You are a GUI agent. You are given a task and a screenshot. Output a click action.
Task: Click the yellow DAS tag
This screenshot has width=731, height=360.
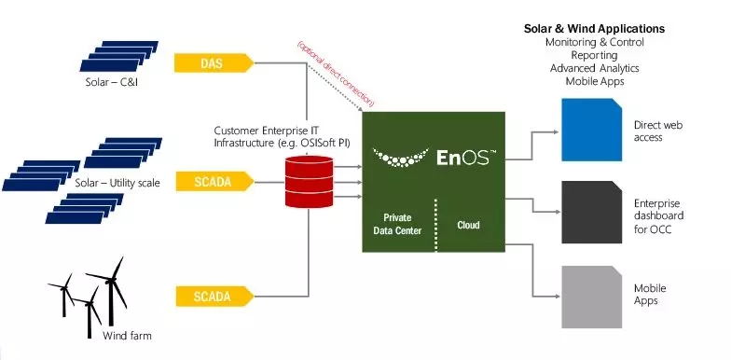point(214,63)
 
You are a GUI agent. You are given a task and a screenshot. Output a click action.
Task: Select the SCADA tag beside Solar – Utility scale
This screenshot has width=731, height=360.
point(214,181)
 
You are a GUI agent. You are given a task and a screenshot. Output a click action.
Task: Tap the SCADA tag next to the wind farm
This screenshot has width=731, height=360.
point(214,297)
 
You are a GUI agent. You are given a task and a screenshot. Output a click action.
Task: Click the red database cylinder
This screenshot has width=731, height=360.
point(310,181)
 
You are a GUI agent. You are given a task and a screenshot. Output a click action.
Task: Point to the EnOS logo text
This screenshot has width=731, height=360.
point(462,158)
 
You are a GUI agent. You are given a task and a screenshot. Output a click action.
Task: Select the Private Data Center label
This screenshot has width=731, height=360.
point(397,224)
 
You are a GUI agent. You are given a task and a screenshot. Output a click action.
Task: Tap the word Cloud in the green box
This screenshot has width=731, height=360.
point(468,226)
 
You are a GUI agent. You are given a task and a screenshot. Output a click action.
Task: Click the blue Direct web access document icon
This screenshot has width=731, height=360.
point(591,130)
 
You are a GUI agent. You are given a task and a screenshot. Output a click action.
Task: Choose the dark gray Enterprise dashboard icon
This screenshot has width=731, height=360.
point(591,213)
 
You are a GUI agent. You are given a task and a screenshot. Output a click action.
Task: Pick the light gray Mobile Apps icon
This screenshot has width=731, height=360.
point(591,297)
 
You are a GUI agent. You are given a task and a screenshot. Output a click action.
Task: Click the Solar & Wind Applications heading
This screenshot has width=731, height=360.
point(595,28)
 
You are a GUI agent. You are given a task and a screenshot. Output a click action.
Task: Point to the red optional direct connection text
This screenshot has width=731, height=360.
point(336,75)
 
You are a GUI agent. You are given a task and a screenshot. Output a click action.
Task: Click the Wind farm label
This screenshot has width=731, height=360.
point(127,336)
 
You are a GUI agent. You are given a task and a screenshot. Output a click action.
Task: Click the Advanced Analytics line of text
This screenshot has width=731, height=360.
point(595,68)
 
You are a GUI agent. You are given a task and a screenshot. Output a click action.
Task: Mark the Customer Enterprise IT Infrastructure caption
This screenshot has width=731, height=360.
point(282,136)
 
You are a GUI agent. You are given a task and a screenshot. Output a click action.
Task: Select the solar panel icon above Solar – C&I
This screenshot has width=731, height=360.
point(119,56)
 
